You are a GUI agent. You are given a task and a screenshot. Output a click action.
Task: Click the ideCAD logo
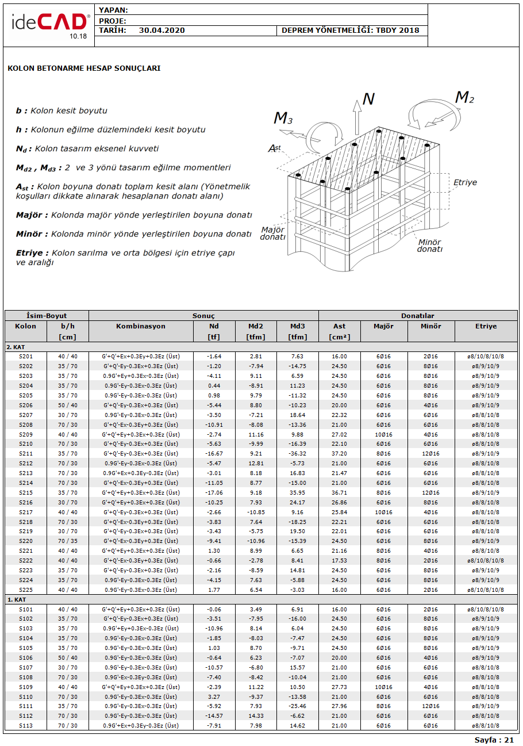[x=49, y=24]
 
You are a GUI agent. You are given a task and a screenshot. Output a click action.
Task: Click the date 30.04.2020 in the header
[x=161, y=30]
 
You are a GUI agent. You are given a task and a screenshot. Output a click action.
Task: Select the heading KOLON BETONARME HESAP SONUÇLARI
[x=84, y=68]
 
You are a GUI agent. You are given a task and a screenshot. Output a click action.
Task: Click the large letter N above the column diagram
[x=368, y=100]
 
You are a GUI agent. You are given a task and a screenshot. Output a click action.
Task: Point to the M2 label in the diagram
[x=464, y=98]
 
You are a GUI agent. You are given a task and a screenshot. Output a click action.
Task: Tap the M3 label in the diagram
[x=283, y=118]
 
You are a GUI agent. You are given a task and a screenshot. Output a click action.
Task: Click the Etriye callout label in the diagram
[x=465, y=182]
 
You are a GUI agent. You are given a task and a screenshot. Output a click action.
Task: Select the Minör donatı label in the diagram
[x=430, y=246]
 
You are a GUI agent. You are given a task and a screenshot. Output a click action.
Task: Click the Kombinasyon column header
[x=141, y=326]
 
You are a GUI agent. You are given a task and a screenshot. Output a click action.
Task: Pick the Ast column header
[x=340, y=326]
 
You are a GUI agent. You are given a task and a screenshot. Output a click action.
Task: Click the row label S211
[x=26, y=454]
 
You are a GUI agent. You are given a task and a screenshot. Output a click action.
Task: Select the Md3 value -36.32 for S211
[x=297, y=454]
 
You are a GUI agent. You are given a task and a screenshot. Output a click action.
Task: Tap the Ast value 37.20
[x=340, y=454]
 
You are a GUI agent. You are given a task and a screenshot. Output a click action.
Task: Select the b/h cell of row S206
[x=68, y=405]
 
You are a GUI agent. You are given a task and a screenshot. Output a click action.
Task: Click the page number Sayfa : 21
[x=494, y=740]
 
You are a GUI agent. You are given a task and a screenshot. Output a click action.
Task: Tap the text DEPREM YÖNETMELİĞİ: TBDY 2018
[x=350, y=30]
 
